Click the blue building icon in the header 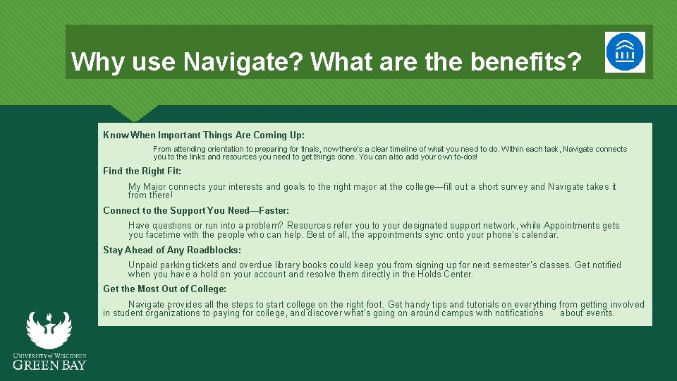625,52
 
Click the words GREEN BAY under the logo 49,365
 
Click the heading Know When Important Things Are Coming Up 204,135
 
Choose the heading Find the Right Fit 142,171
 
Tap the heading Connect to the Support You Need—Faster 196,210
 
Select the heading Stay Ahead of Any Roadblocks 172,250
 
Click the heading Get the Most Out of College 164,289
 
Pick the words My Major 147,187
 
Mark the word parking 173,265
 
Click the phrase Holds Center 444,274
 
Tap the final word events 600,313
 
